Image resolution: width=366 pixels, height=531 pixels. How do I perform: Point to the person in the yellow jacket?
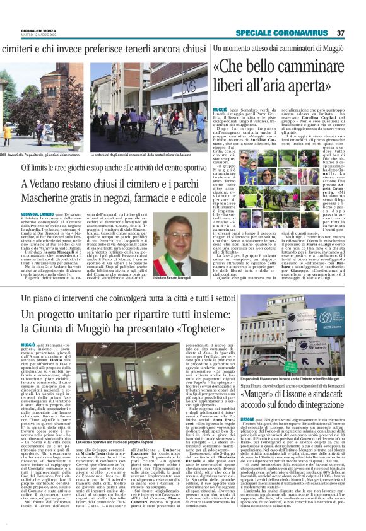tap(6, 131)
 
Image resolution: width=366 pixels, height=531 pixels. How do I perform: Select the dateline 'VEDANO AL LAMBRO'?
tap(37, 214)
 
